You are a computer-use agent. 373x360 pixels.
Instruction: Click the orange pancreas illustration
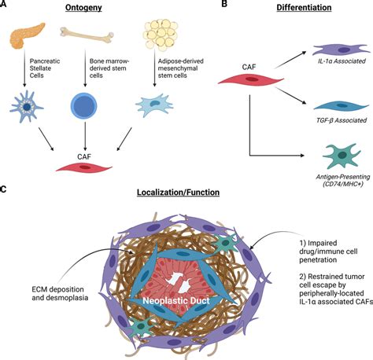pyautogui.click(x=25, y=35)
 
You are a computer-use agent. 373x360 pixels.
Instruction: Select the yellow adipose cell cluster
pyautogui.click(x=161, y=35)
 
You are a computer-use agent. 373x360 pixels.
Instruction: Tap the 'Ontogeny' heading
pyautogui.click(x=83, y=8)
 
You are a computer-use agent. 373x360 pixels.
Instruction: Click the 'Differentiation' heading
pyautogui.click(x=304, y=7)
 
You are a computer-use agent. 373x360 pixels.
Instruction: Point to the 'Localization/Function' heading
pyautogui.click(x=178, y=193)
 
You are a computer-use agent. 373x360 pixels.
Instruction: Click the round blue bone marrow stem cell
pyautogui.click(x=84, y=106)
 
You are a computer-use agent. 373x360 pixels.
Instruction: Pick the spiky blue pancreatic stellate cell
pyautogui.click(x=26, y=107)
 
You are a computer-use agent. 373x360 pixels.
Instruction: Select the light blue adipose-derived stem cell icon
pyautogui.click(x=154, y=105)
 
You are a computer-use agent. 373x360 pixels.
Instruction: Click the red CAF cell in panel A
pyautogui.click(x=84, y=167)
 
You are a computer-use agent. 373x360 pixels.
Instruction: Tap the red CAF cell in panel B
pyautogui.click(x=251, y=79)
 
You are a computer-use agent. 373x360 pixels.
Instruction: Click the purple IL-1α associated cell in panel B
pyautogui.click(x=341, y=50)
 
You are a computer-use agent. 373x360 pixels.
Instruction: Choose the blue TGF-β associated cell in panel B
pyautogui.click(x=342, y=105)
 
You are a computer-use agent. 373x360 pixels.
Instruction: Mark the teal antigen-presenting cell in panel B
pyautogui.click(x=342, y=156)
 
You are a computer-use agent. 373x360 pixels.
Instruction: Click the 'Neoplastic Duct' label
pyautogui.click(x=176, y=300)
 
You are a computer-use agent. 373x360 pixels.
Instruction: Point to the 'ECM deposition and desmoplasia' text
pyautogui.click(x=60, y=293)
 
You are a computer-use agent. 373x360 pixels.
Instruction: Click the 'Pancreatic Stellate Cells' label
pyautogui.click(x=45, y=68)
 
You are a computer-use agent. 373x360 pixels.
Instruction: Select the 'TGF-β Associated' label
pyautogui.click(x=342, y=120)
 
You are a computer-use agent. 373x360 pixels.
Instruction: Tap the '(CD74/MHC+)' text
pyautogui.click(x=343, y=184)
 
